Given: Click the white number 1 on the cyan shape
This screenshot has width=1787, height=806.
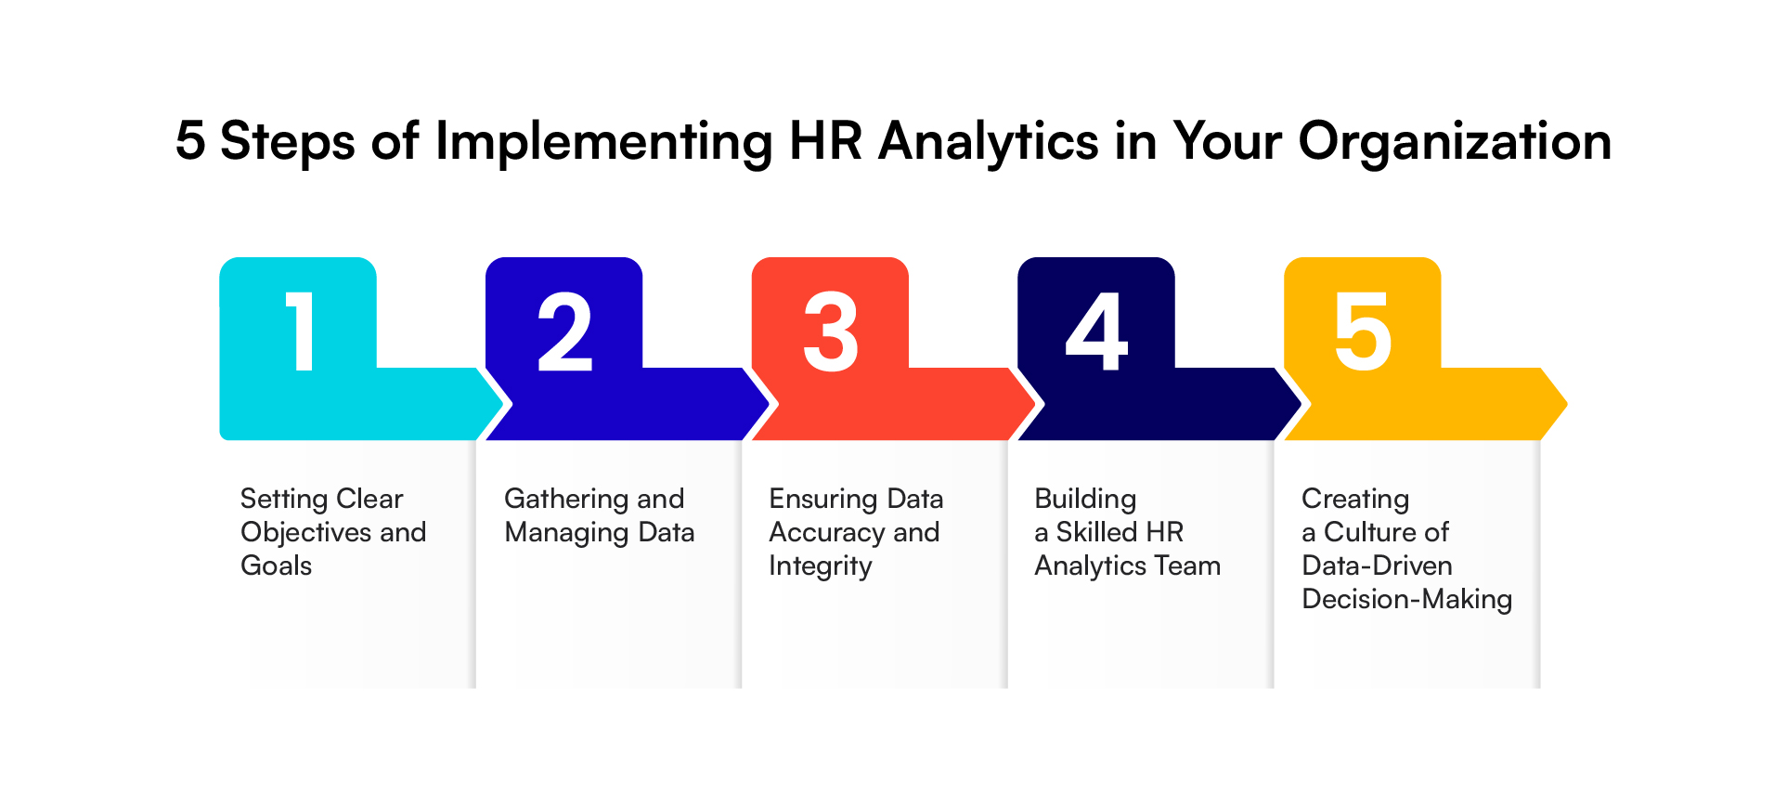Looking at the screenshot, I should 300,331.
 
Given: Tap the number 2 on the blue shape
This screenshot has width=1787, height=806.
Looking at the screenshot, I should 564,331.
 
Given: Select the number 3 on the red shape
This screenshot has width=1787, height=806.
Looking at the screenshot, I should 831,331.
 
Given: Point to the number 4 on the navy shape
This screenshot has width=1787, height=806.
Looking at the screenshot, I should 1096,331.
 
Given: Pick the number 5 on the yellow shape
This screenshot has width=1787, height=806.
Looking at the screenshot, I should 1363,331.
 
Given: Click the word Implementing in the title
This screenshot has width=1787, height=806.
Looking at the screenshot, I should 603,142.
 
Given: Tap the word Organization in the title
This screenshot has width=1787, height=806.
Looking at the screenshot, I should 1454,142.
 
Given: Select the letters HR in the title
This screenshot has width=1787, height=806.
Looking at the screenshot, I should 825,142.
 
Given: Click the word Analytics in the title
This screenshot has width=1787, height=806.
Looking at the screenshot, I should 989,142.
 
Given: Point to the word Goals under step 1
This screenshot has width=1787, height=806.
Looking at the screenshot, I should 276,565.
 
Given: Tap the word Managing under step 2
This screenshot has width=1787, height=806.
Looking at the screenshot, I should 566,533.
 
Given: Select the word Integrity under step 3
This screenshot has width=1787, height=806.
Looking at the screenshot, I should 821,566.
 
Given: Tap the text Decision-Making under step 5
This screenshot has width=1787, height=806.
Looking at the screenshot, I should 1407,600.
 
